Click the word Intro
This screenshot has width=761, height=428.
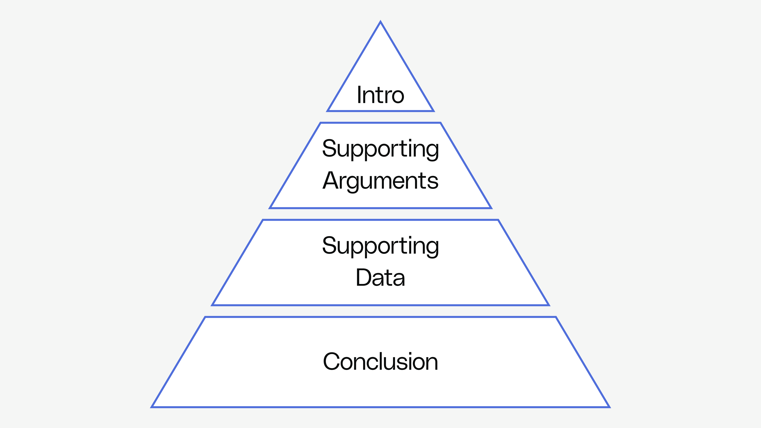point(380,95)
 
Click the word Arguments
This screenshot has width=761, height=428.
point(380,181)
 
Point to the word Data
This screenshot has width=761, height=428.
point(380,277)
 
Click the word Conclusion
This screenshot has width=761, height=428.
point(380,362)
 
